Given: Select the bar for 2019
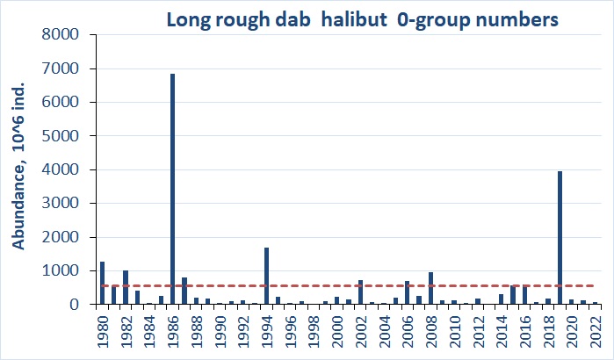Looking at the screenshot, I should click(560, 238).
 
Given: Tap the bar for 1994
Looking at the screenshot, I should click(266, 276).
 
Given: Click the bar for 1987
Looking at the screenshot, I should click(184, 291).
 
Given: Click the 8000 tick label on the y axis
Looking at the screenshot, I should click(61, 35).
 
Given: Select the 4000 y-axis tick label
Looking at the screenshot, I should click(61, 170).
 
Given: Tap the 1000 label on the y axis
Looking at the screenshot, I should click(61, 271).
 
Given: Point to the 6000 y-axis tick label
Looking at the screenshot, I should click(61, 103).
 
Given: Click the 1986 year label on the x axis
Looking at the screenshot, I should click(172, 332).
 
